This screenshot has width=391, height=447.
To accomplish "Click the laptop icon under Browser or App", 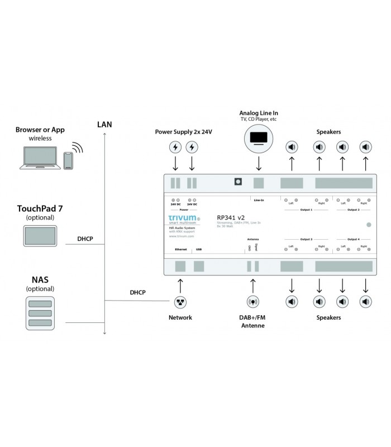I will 40,158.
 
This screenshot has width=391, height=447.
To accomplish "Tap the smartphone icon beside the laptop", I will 68,160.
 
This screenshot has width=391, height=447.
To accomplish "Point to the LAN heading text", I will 104,124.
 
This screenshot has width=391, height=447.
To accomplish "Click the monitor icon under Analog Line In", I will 258,137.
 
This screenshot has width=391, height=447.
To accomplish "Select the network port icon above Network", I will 180,302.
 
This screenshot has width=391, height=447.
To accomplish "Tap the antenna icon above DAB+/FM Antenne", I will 252,302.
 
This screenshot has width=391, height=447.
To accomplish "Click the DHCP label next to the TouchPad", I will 85,239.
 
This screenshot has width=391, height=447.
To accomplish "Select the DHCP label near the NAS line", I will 138,292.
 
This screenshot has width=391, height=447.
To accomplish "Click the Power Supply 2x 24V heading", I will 184,132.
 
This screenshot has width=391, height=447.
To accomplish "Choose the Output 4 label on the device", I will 354,239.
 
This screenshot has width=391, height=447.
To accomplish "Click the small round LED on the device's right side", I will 368,225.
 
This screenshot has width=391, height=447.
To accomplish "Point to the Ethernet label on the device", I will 180,249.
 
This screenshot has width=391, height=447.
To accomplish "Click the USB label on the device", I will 199,249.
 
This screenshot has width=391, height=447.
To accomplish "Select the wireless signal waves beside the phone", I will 78,148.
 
